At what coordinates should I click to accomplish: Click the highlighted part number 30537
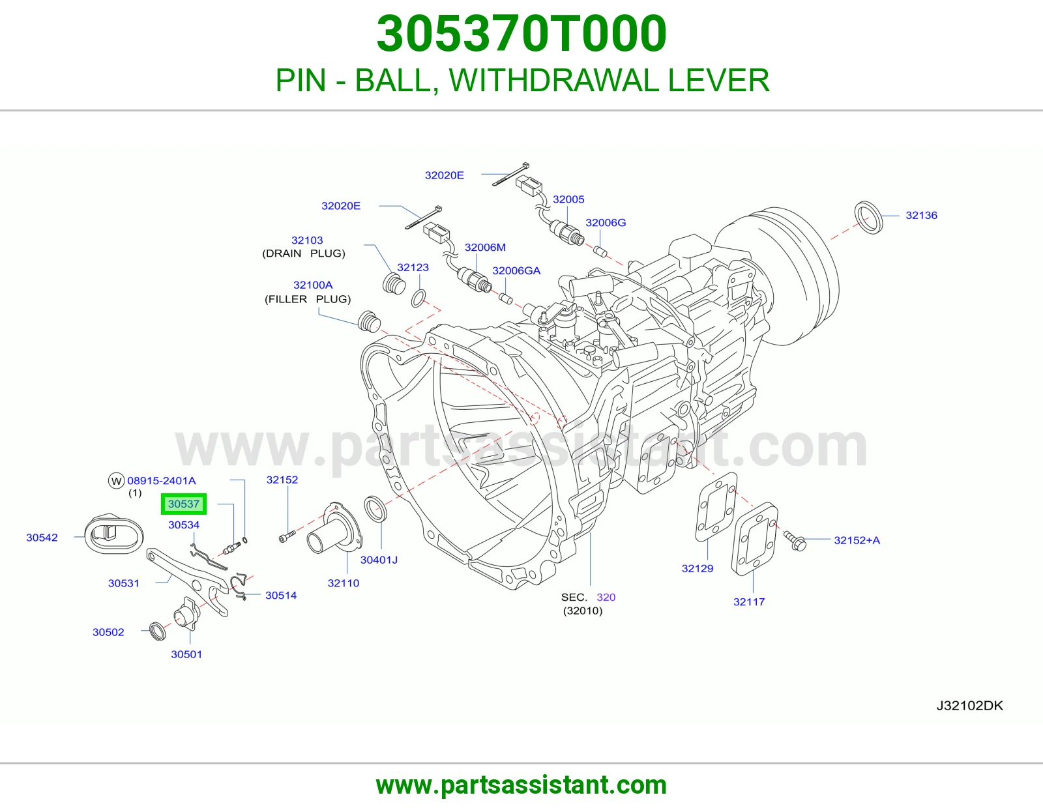click(x=183, y=504)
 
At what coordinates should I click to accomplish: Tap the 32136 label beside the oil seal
click(x=921, y=216)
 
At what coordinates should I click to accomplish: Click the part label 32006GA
click(x=516, y=270)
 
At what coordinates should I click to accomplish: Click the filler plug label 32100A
click(x=313, y=285)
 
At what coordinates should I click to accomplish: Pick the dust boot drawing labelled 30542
click(x=114, y=534)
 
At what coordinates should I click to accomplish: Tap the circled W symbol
click(x=116, y=481)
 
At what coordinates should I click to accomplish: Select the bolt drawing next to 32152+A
click(x=795, y=540)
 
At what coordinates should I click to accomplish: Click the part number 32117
click(x=749, y=601)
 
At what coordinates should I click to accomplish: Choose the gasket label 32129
click(x=698, y=569)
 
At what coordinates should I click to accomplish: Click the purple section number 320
click(x=606, y=598)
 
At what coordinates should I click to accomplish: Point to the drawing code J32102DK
click(x=969, y=706)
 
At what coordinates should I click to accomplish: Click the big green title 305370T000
click(x=521, y=33)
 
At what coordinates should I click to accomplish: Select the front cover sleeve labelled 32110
click(x=334, y=528)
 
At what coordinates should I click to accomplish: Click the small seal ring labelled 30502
click(x=158, y=631)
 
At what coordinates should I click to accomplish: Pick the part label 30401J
click(x=379, y=560)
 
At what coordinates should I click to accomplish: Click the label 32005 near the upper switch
click(x=568, y=199)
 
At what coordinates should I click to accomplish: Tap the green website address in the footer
click(x=521, y=785)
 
